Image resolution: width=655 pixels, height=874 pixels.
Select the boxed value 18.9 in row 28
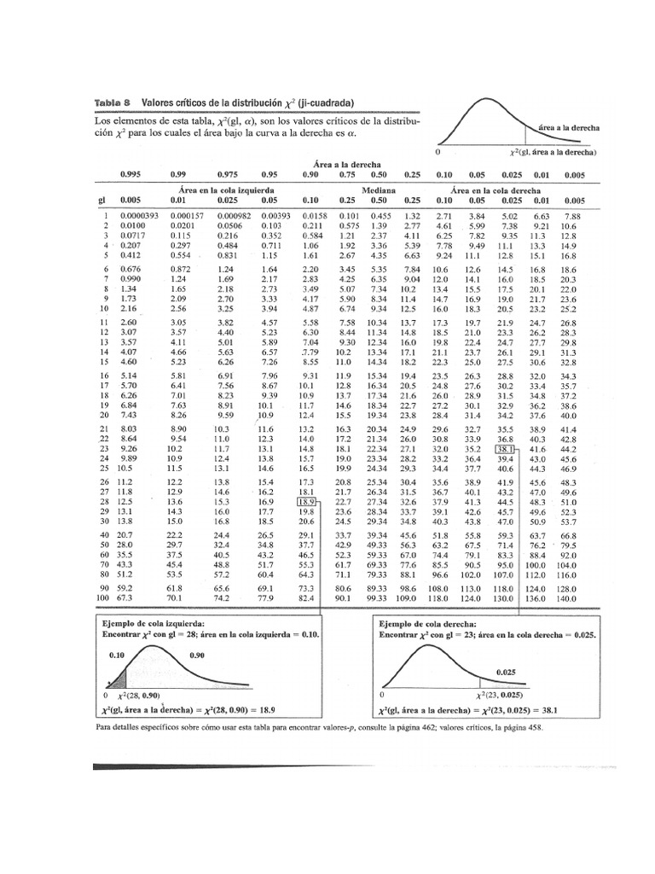(307, 502)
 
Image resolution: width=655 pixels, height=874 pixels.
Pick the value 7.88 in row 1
(570, 217)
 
